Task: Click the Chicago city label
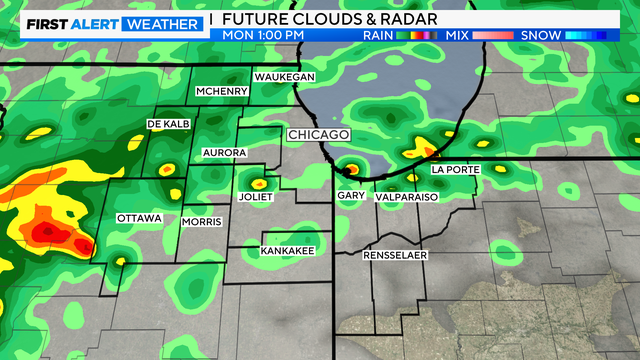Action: (318, 134)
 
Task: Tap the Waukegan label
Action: (285, 77)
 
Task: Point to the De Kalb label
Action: (168, 123)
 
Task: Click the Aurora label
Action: (224, 152)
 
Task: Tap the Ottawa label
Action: (139, 218)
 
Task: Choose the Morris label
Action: (200, 221)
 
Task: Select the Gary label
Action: (350, 196)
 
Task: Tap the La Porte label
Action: (456, 170)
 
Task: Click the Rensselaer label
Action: (395, 256)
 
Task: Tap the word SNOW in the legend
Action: (540, 35)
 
